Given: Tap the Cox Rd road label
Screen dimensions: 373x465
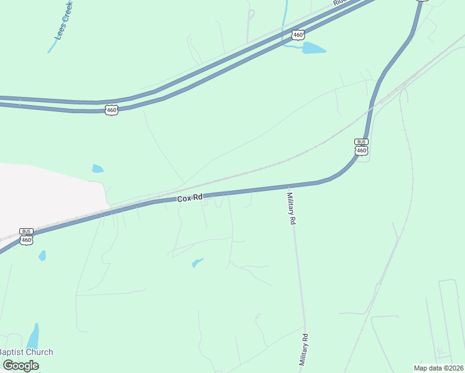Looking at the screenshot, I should pyautogui.click(x=190, y=198).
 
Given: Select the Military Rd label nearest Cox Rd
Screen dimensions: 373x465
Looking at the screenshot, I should pyautogui.click(x=290, y=209).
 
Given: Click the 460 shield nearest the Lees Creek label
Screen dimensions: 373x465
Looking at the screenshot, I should pyautogui.click(x=111, y=110).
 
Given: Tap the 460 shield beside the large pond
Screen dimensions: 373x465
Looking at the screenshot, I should pyautogui.click(x=298, y=35).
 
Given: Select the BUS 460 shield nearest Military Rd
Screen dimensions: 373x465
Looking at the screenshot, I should pyautogui.click(x=361, y=147).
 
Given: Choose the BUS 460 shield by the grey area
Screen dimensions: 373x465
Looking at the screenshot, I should pyautogui.click(x=26, y=236).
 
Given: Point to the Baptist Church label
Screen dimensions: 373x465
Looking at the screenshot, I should pyautogui.click(x=26, y=352).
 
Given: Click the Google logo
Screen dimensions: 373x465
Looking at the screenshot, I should pyautogui.click(x=21, y=366).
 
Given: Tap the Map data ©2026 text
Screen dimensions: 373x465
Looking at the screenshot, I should pyautogui.click(x=438, y=368).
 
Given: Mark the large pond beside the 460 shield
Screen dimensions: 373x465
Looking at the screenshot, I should pyautogui.click(x=314, y=48).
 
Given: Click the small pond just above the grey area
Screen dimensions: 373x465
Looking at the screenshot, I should pyautogui.click(x=98, y=168).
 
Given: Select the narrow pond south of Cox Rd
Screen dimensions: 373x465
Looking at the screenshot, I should pyautogui.click(x=198, y=262).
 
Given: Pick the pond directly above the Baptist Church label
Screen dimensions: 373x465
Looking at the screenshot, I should pyautogui.click(x=32, y=336).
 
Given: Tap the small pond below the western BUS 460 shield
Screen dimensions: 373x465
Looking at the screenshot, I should pyautogui.click(x=42, y=255).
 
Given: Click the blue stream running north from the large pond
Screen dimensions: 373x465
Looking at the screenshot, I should pyautogui.click(x=285, y=19).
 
